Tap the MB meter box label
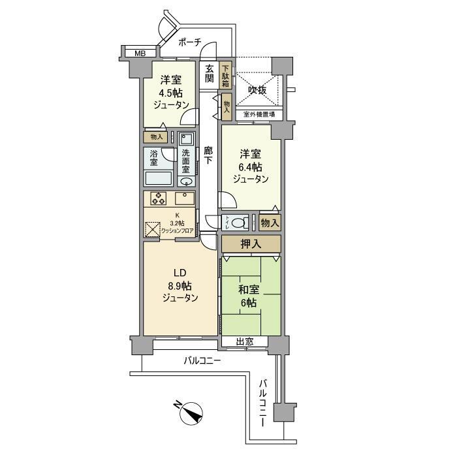(x=139, y=54)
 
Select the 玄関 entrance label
(x=209, y=73)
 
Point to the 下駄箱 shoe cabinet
(x=226, y=75)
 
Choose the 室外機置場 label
(x=259, y=116)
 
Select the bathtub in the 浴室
(x=158, y=179)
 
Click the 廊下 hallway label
(x=208, y=155)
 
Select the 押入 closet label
(x=251, y=244)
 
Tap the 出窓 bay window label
(x=244, y=341)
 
